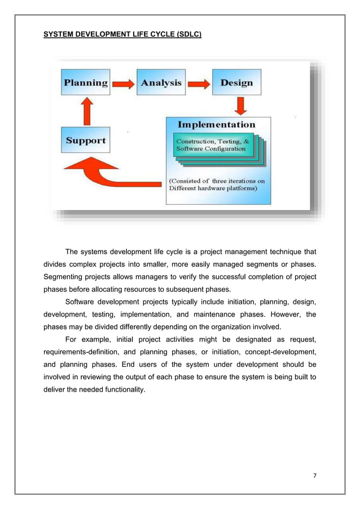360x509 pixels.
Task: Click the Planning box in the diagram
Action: tap(86, 83)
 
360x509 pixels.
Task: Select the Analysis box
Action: tap(161, 83)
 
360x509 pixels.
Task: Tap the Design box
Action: tap(236, 83)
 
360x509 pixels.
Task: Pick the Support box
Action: tap(86, 141)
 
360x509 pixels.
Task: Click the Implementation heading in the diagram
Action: tap(217, 124)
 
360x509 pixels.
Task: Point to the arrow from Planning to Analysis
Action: tap(124, 84)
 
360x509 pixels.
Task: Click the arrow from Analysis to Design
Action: tap(199, 84)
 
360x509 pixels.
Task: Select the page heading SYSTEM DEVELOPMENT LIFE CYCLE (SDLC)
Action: tap(122, 34)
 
